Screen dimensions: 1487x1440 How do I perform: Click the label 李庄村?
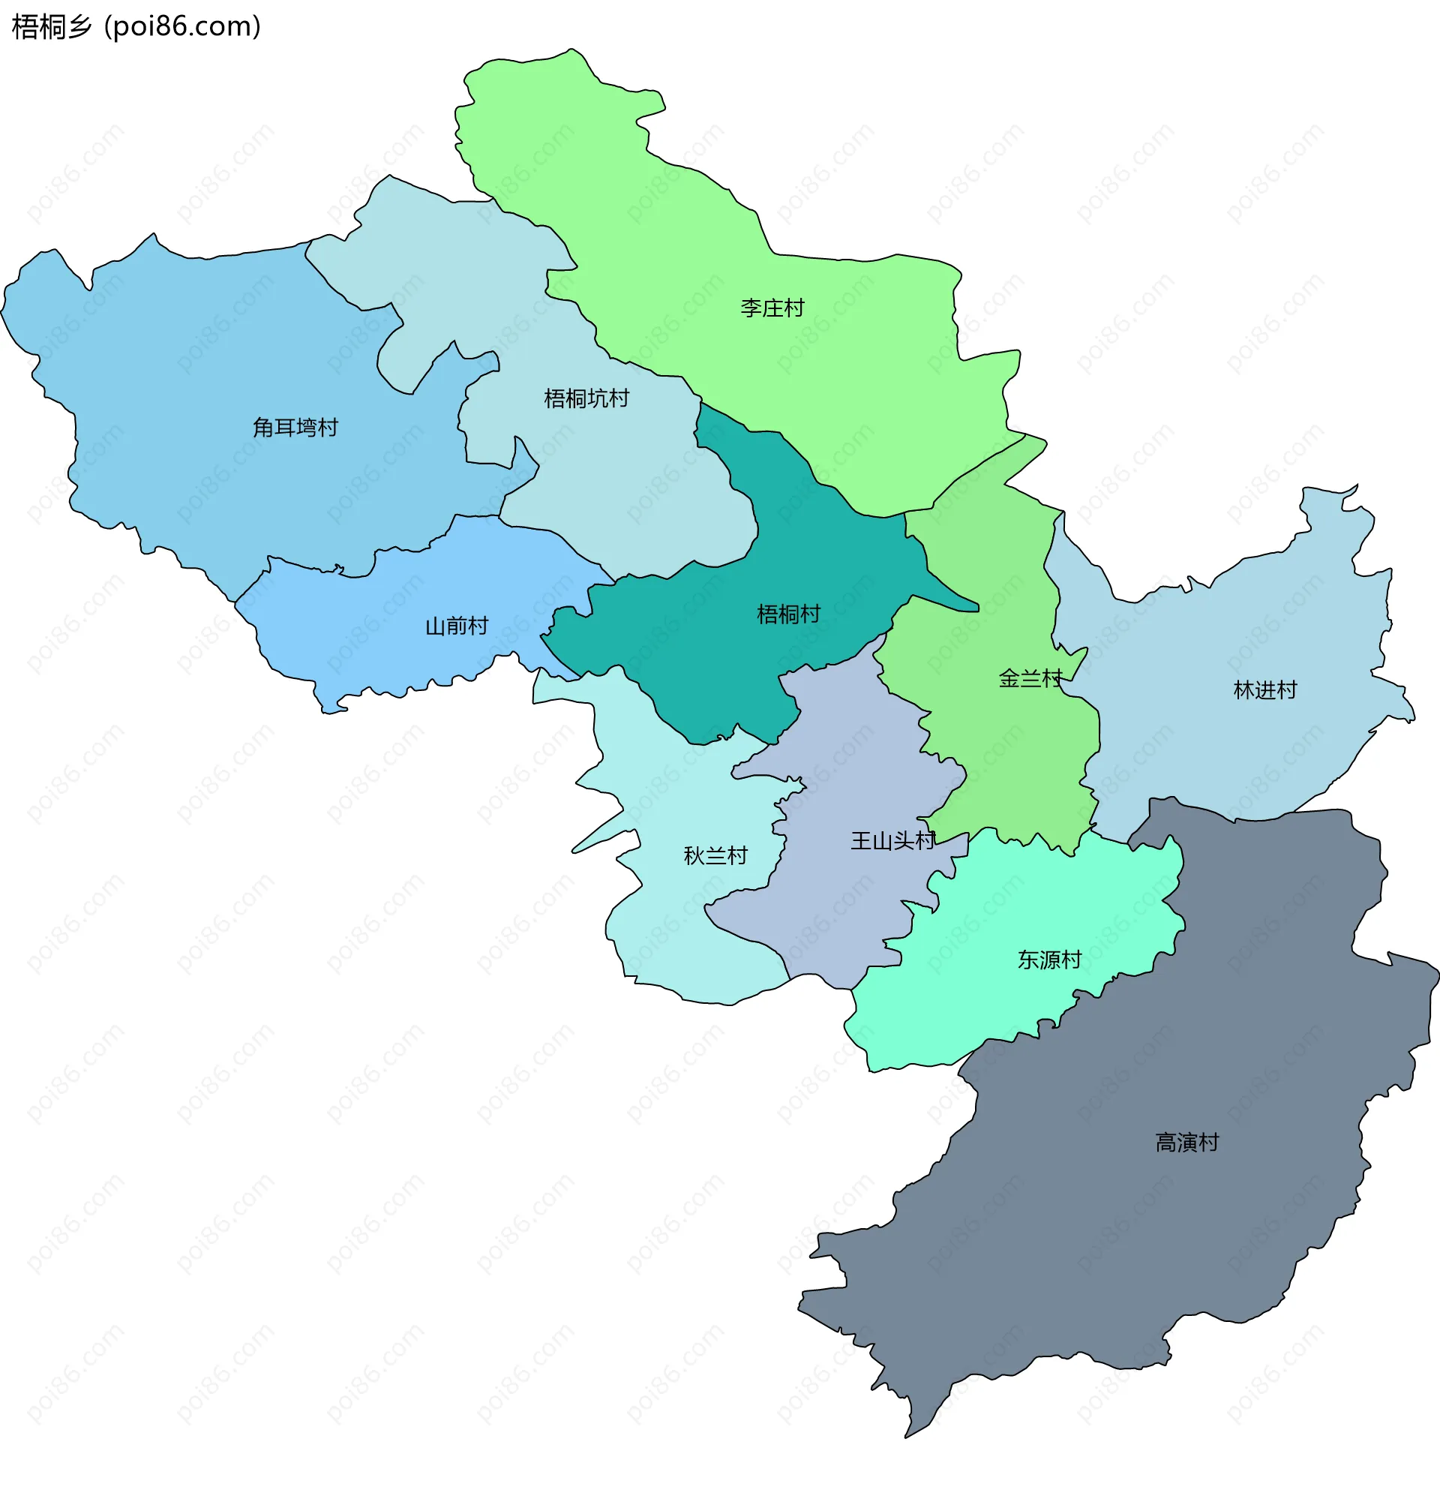click(772, 308)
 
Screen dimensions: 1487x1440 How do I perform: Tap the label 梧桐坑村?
click(586, 398)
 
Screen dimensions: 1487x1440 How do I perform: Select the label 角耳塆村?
click(295, 428)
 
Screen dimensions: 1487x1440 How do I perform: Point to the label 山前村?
click(456, 626)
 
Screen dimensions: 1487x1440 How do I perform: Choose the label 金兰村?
click(1030, 678)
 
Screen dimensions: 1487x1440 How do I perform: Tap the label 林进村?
click(1264, 689)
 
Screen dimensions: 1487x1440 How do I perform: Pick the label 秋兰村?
click(715, 856)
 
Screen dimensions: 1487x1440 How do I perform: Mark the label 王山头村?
click(892, 840)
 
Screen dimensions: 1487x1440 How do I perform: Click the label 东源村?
click(1048, 960)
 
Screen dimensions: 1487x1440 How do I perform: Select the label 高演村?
click(1186, 1143)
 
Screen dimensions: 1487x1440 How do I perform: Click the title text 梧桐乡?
click(52, 26)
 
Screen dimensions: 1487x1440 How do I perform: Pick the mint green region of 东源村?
click(985, 1009)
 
